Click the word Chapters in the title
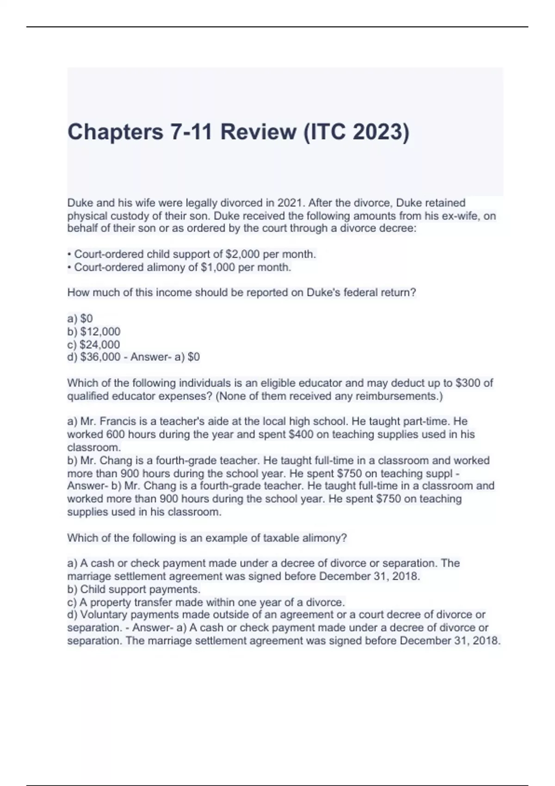pyautogui.click(x=115, y=132)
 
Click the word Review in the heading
pyautogui.click(x=258, y=132)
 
